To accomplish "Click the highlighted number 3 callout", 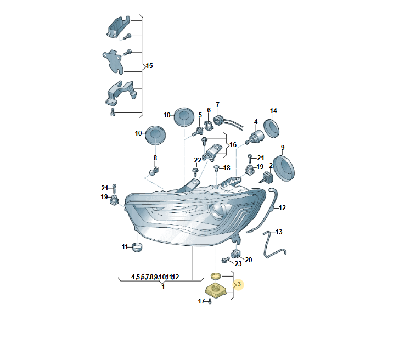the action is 239,284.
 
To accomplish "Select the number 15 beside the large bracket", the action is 149,66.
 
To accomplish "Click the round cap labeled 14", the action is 271,128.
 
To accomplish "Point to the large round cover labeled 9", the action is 284,168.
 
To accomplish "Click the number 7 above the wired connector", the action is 217,105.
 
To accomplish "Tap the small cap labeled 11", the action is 137,247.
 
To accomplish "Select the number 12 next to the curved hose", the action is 282,208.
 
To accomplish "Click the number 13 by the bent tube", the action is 279,232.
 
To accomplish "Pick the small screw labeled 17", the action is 210,302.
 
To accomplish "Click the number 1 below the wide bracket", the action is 163,287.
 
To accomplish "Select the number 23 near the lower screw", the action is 238,263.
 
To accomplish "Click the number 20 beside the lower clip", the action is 249,260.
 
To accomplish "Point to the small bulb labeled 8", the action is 154,171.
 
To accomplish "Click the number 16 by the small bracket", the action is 233,145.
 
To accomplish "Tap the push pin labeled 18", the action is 216,168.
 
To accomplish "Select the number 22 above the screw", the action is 198,160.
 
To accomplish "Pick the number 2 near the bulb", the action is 271,166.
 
